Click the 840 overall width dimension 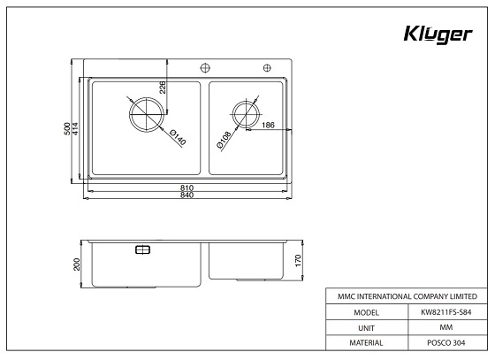point(187,195)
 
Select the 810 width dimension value point(187,188)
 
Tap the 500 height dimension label point(67,128)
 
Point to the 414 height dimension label point(76,128)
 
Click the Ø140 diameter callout point(175,137)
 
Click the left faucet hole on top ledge point(203,67)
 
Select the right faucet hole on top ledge point(265,67)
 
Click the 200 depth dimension point(77,264)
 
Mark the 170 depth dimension point(299,260)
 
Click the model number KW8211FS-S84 point(446,311)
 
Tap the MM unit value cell point(446,327)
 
